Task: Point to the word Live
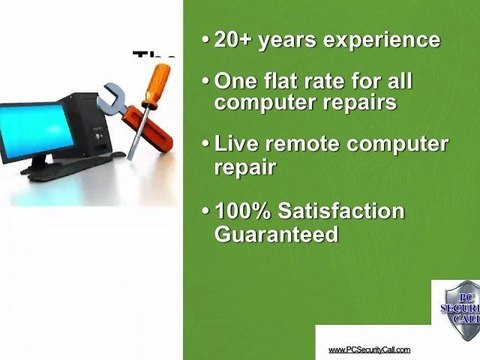[x=240, y=143]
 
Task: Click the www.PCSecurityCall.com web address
[x=370, y=348]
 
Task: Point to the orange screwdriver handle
[x=155, y=85]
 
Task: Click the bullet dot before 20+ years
[x=205, y=41]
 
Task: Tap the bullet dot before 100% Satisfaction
[x=205, y=212]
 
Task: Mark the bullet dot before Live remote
[x=205, y=144]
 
